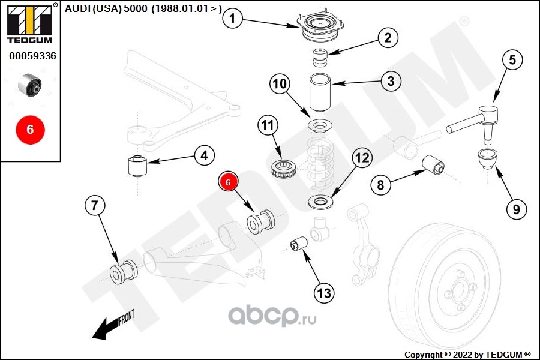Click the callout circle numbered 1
click(x=232, y=18)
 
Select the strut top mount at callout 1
click(x=320, y=28)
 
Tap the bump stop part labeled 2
click(x=320, y=59)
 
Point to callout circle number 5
click(x=512, y=60)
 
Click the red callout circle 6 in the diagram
click(x=228, y=182)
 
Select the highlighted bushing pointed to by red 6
click(x=261, y=222)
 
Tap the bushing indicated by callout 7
click(x=124, y=271)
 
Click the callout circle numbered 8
click(x=380, y=185)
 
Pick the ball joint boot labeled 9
click(x=486, y=158)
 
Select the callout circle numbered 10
click(x=280, y=84)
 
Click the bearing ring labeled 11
click(x=284, y=169)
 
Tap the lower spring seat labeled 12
click(x=320, y=202)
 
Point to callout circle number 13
click(x=324, y=293)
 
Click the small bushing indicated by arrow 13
click(x=299, y=244)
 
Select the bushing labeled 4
click(x=138, y=166)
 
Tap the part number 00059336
click(x=32, y=56)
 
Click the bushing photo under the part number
click(x=30, y=85)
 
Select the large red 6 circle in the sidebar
click(x=31, y=130)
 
